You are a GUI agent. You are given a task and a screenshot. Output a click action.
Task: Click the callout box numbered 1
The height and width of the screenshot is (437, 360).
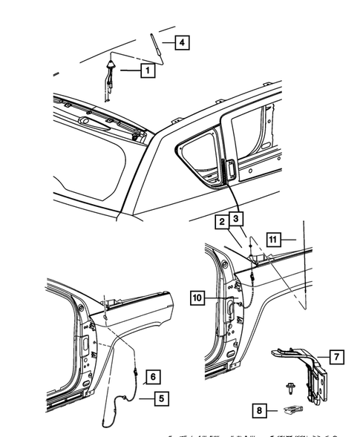pos(148,70)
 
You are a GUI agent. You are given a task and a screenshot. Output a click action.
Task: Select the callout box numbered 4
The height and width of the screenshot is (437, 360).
pos(180,42)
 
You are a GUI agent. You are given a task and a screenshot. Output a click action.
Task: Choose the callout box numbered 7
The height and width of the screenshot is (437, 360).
pos(336,358)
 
